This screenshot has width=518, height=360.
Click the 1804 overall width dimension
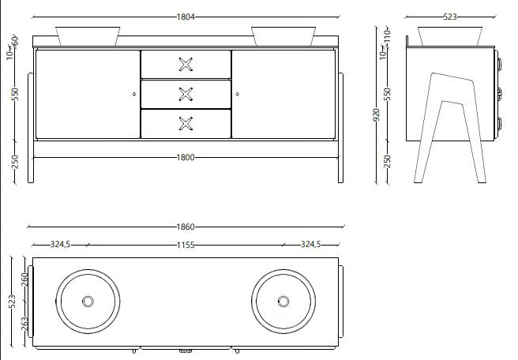(186, 17)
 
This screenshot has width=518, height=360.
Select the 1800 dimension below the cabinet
(186, 158)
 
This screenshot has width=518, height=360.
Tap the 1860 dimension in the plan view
(186, 227)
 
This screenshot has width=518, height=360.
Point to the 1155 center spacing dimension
(186, 245)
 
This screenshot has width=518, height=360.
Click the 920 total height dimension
(377, 114)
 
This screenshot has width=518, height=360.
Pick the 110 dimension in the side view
(388, 35)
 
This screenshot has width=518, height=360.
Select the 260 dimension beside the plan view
(25, 279)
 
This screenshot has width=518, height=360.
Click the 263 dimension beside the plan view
(25, 324)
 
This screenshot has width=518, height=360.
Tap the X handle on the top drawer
(186, 65)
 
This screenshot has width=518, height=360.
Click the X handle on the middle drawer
(186, 94)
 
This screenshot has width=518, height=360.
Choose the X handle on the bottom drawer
(186, 124)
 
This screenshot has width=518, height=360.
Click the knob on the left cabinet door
(134, 94)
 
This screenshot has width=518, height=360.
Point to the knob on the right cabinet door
(238, 94)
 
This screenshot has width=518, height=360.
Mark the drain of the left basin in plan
(88, 302)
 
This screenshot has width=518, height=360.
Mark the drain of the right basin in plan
(283, 302)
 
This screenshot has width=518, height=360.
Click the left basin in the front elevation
(88, 36)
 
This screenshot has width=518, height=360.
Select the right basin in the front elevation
(283, 36)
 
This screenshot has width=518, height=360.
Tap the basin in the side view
(450, 36)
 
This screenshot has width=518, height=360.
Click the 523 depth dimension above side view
(450, 17)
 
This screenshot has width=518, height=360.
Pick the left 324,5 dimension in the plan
(60, 245)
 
